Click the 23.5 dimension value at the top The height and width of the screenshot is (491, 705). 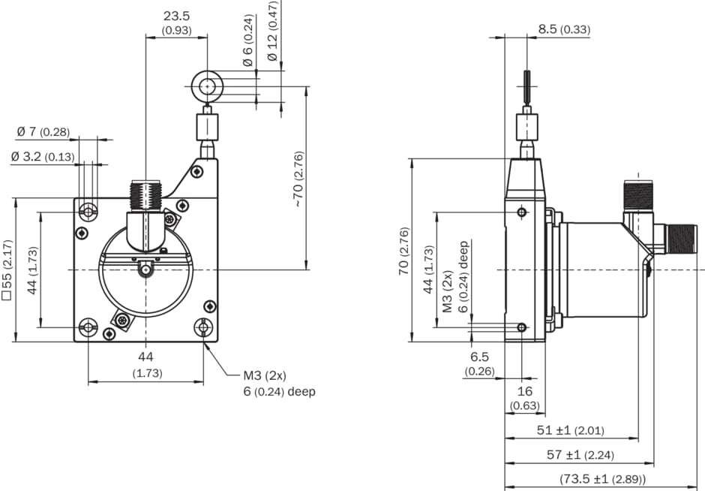coord(177,16)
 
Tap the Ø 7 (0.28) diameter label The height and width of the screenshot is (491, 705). coord(43,132)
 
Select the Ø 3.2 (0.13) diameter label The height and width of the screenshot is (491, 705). coord(43,157)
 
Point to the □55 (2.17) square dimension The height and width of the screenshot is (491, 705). coord(7,270)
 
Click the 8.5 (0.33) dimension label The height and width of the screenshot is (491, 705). coord(564,30)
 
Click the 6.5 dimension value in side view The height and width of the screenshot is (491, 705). coord(479,357)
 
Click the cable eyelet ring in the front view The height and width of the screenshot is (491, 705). coord(207,87)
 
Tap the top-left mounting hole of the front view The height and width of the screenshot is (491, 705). coord(89,212)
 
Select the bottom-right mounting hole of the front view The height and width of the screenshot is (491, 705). coord(203,327)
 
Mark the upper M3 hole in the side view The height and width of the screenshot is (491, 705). coord(522,213)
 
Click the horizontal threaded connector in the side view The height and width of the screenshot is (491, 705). coord(682,238)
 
